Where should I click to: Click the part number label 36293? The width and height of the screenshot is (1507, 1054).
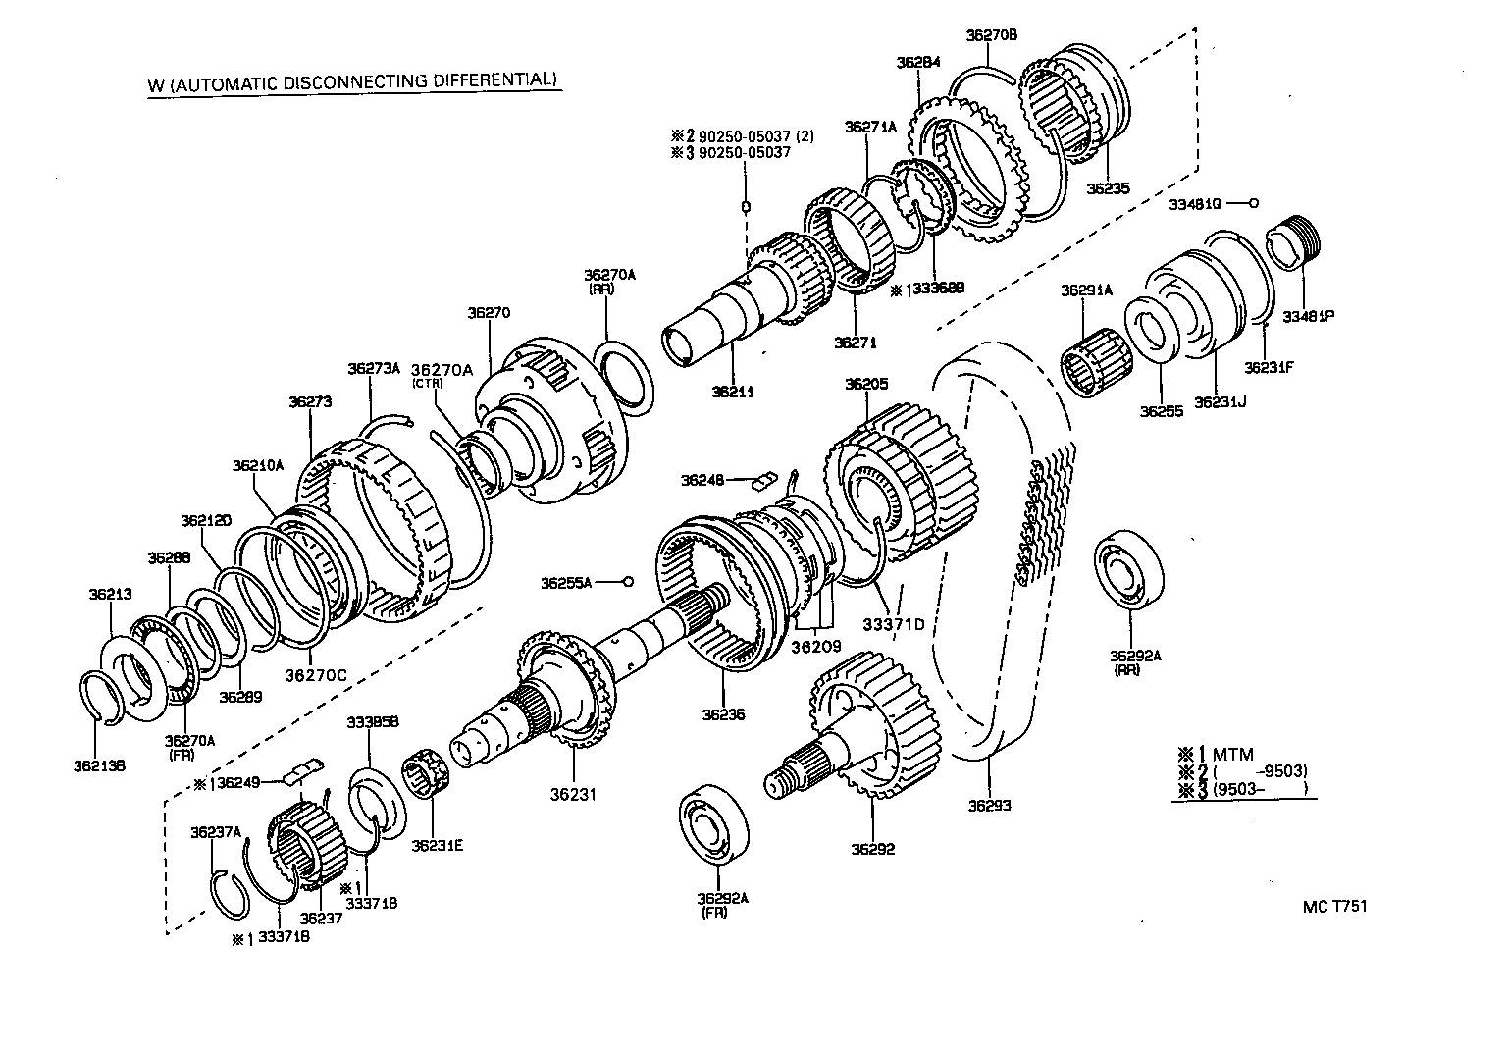click(989, 806)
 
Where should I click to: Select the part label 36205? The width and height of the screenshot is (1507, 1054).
click(865, 384)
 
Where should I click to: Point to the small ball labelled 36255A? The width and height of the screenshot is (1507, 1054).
click(629, 582)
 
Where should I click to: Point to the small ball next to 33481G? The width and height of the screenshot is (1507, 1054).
click(1255, 203)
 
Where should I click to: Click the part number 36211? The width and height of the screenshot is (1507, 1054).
click(732, 391)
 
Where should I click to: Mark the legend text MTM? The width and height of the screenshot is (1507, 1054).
click(1233, 754)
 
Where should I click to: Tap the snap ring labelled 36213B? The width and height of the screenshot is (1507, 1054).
click(99, 697)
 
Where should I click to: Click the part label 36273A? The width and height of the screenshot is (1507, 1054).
click(374, 369)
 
